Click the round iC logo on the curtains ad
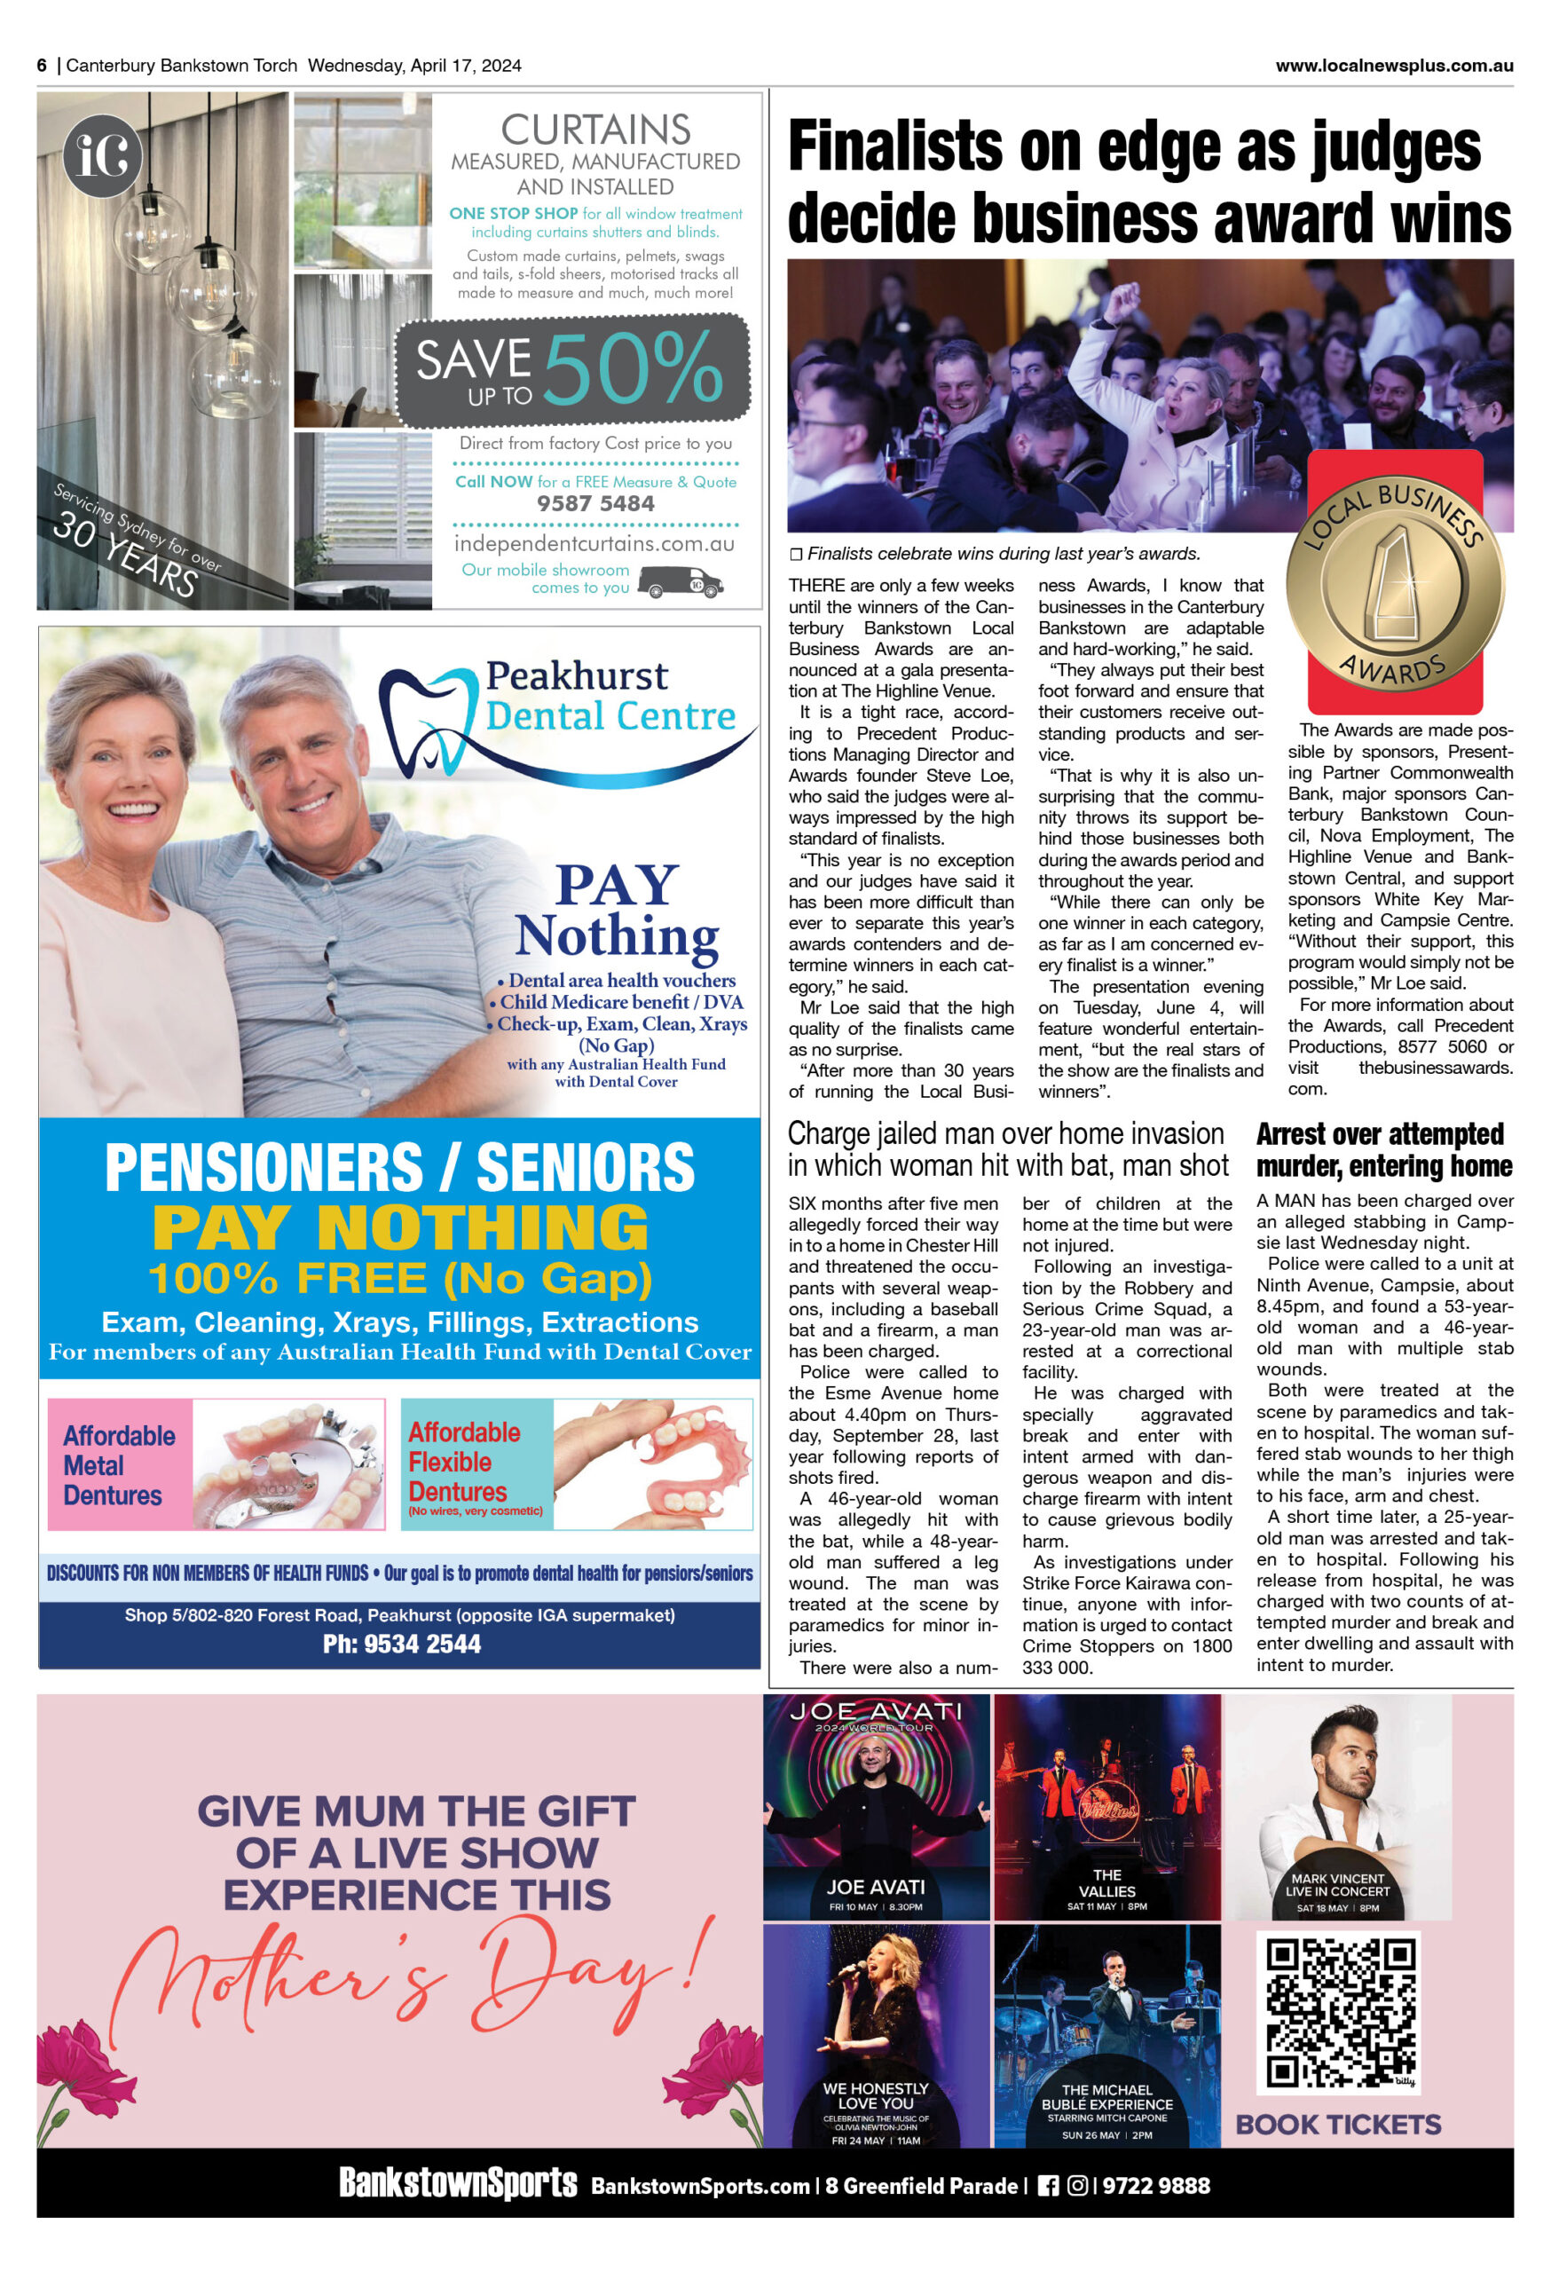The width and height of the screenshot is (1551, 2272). (x=102, y=155)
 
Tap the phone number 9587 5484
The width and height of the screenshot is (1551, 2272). (x=595, y=503)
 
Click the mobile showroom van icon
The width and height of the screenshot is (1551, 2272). (x=681, y=583)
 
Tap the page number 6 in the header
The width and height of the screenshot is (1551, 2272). (x=42, y=66)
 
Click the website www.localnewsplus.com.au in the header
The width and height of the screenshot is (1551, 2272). (x=1394, y=66)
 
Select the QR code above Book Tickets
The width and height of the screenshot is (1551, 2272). (x=1340, y=2019)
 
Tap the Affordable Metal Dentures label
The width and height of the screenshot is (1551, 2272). (x=119, y=1464)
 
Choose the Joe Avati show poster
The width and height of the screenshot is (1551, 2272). (x=876, y=1807)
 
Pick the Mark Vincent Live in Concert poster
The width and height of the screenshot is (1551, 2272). (x=1337, y=1807)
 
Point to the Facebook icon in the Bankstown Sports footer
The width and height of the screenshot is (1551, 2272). (x=1047, y=2186)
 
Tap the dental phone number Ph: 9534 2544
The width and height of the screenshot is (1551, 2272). (x=402, y=1645)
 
